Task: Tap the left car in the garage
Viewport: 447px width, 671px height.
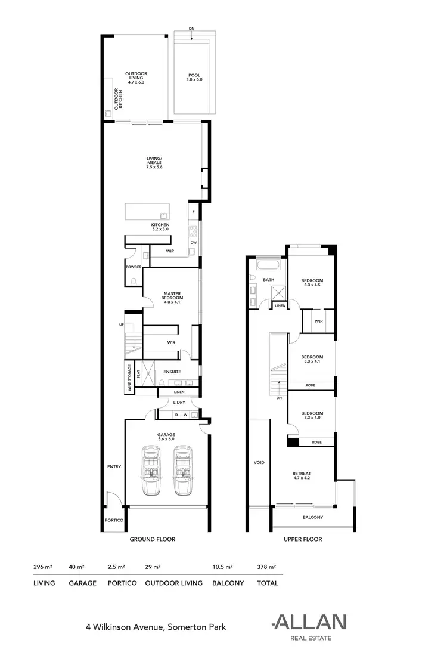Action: (x=151, y=469)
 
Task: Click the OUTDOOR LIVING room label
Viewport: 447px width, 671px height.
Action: (x=136, y=77)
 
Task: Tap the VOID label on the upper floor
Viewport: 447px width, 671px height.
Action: (x=259, y=462)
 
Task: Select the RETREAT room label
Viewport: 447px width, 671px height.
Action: (x=303, y=475)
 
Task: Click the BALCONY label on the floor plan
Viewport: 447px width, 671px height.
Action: (x=313, y=517)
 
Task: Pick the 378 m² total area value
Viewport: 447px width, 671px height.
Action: (x=266, y=567)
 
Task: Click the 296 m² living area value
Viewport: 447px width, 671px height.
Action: (x=43, y=567)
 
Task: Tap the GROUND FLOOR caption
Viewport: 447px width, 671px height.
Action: (x=152, y=539)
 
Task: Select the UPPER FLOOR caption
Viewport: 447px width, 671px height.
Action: (x=303, y=539)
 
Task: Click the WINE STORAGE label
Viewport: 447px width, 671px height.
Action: (x=129, y=377)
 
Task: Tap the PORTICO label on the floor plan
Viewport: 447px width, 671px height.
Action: (x=114, y=521)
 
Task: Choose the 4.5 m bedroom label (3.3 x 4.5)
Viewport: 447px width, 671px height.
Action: (x=312, y=282)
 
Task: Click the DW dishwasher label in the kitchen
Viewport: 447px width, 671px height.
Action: (x=194, y=243)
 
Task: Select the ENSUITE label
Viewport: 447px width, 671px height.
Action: (x=172, y=372)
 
